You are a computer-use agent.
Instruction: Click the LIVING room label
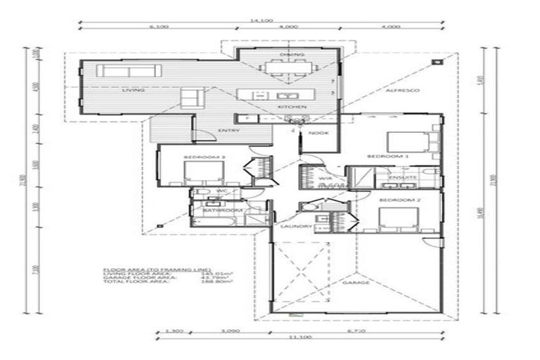pos(133,91)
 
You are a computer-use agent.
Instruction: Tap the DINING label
pos(288,54)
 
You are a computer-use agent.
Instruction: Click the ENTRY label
pos(229,130)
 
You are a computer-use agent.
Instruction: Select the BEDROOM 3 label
pos(194,156)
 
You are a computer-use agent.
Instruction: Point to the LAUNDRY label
pos(291,226)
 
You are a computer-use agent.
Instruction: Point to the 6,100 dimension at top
pos(157,27)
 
